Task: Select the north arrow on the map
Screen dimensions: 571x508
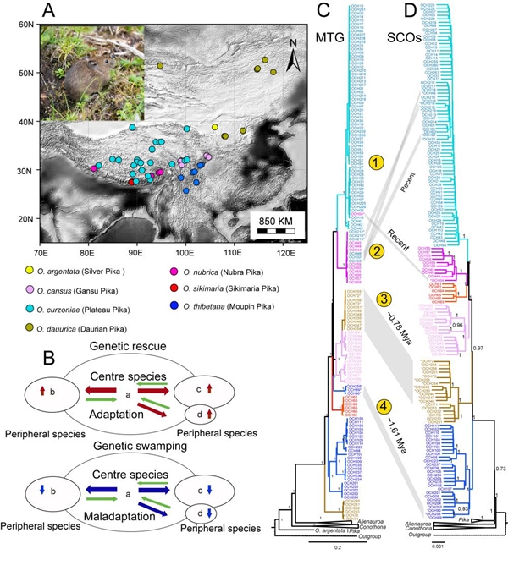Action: point(291,58)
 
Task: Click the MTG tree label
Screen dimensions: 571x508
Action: point(323,39)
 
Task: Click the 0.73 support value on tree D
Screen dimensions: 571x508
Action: point(500,468)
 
